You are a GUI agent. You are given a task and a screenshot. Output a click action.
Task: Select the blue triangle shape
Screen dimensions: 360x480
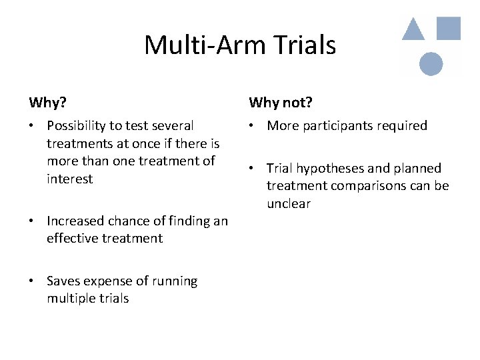click(x=413, y=30)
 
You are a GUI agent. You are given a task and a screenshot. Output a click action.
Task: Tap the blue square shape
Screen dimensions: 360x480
click(x=448, y=28)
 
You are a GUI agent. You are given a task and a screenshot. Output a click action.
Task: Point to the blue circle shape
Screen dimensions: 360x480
click(x=431, y=64)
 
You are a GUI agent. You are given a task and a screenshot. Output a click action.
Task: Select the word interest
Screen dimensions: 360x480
click(x=69, y=179)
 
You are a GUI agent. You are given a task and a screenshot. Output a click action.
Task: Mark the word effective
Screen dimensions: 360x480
click(x=72, y=238)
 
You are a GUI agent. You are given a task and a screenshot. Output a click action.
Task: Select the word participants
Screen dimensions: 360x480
click(x=337, y=125)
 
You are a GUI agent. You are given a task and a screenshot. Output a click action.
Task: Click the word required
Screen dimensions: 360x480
click(x=402, y=125)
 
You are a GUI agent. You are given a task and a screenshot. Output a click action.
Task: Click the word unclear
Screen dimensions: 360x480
click(x=289, y=203)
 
